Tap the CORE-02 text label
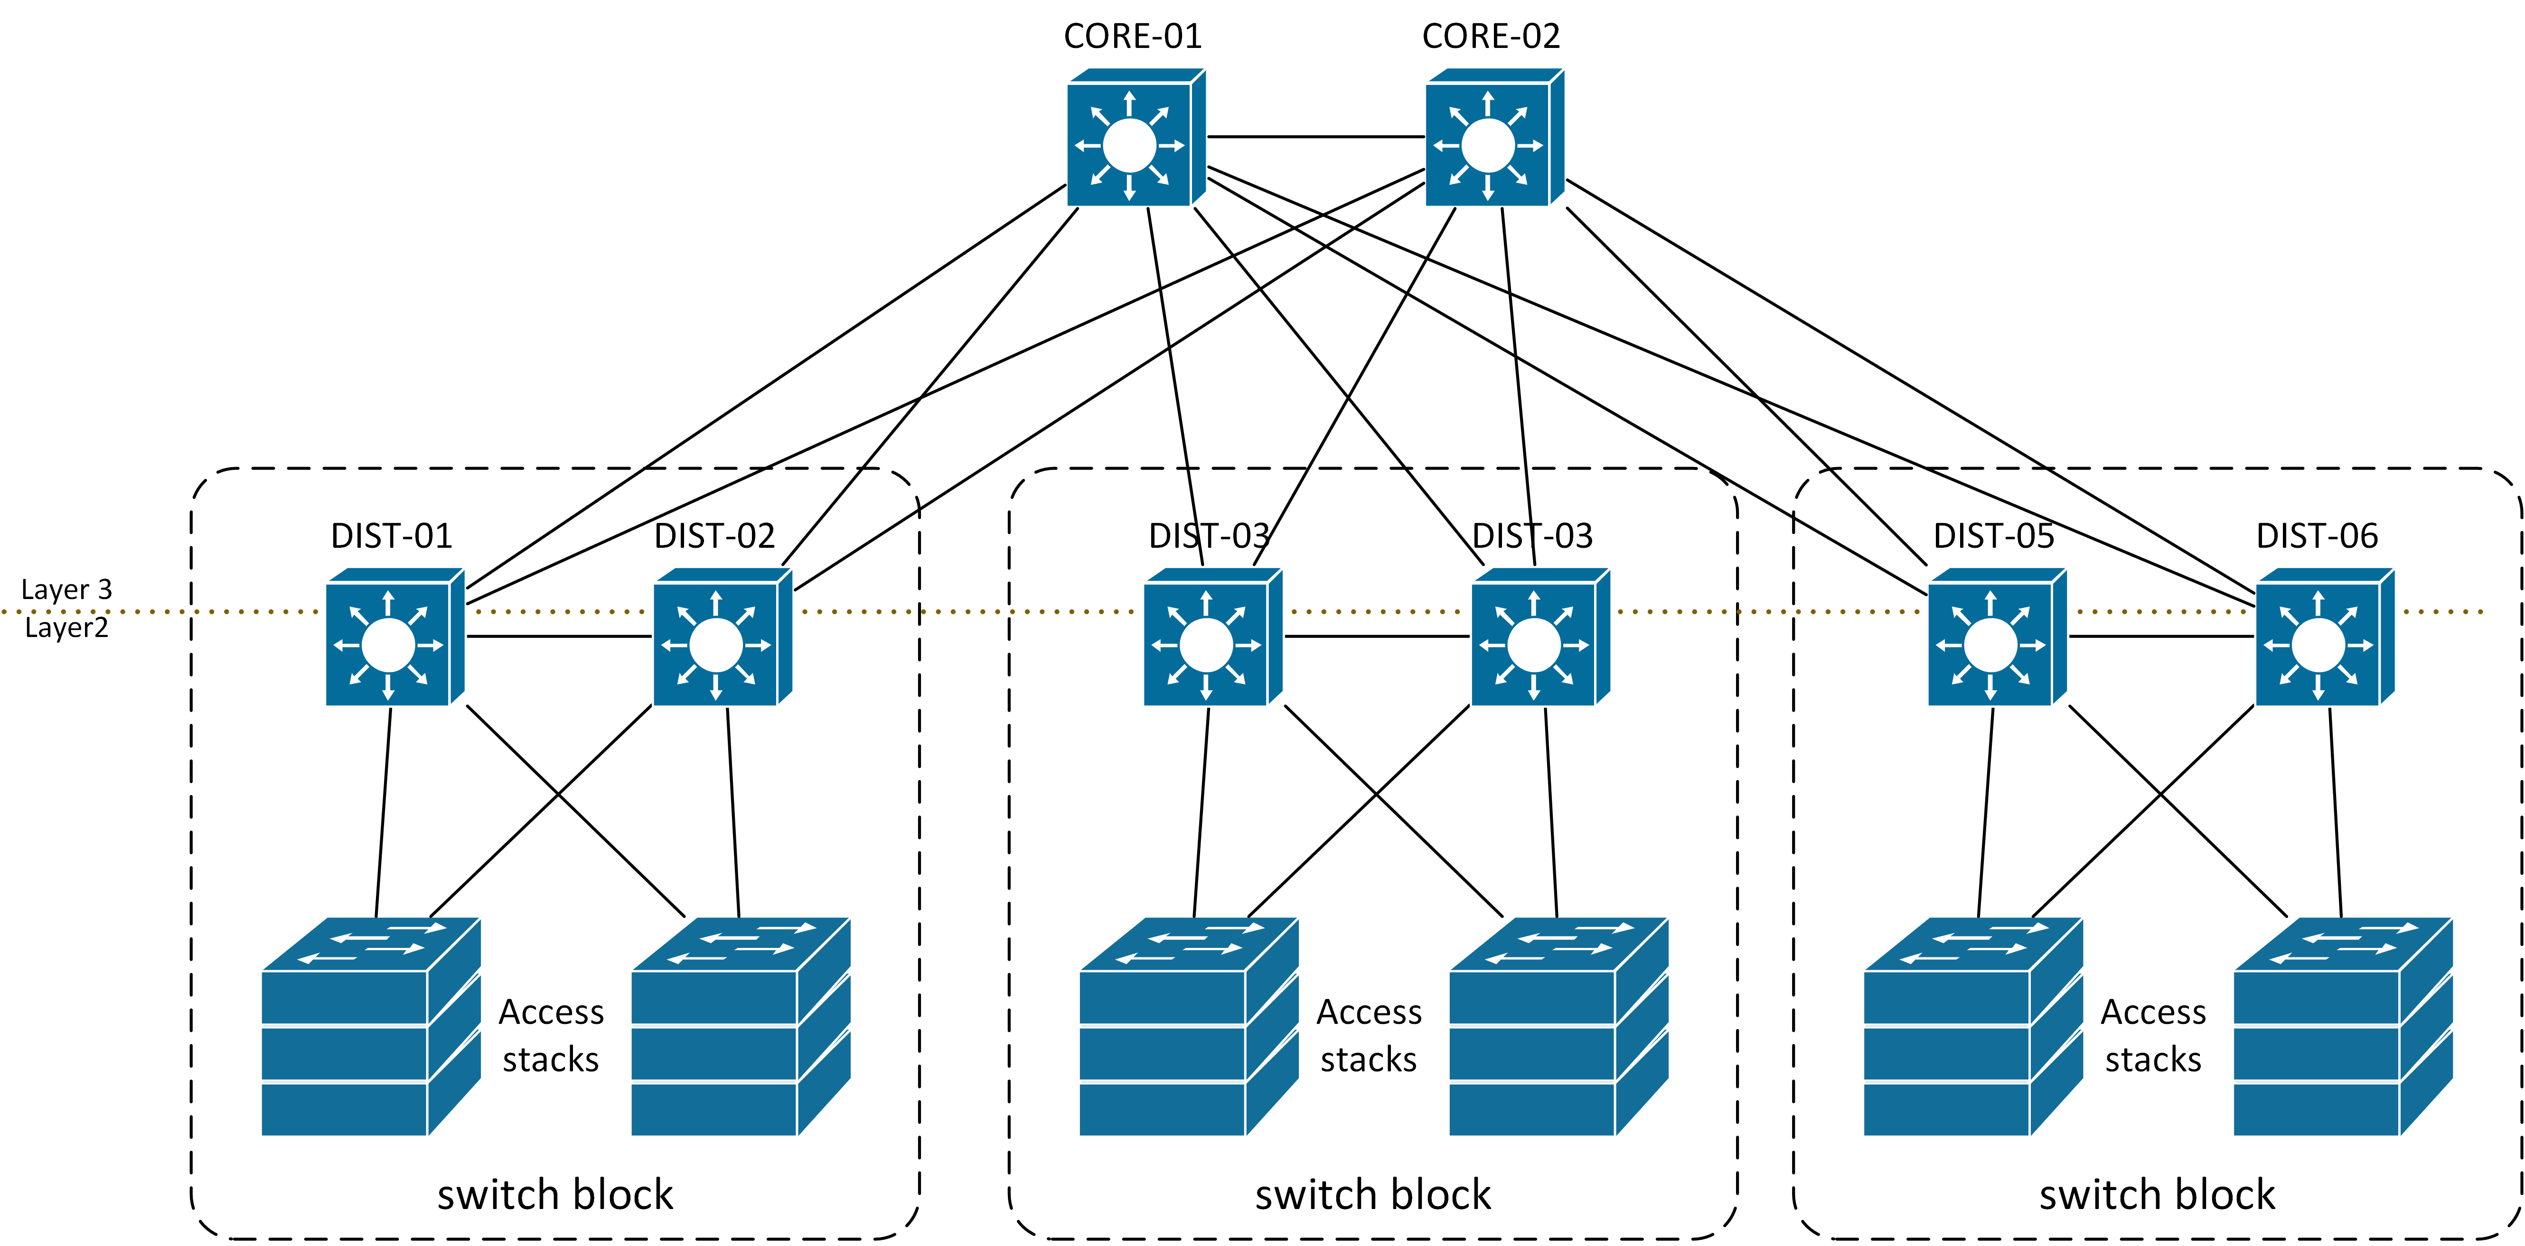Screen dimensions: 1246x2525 pyautogui.click(x=1491, y=36)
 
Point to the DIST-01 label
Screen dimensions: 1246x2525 pyautogui.click(x=392, y=536)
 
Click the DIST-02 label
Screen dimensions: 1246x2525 pyautogui.click(x=714, y=536)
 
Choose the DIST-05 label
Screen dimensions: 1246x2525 pyautogui.click(x=1994, y=536)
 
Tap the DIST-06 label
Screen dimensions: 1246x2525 pyautogui.click(x=2317, y=536)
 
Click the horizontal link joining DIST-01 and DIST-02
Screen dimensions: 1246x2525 pyautogui.click(x=559, y=636)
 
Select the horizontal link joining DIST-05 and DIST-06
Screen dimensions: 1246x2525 pyautogui.click(x=2161, y=636)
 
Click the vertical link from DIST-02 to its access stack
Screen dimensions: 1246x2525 pyautogui.click(x=733, y=814)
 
